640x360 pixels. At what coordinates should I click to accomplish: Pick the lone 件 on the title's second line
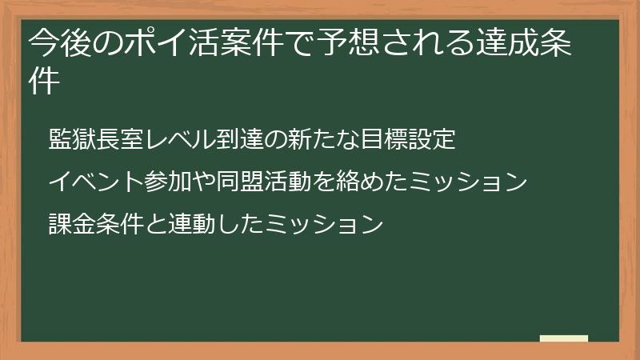45,82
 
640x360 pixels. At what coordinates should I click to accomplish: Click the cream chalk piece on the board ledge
564,339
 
